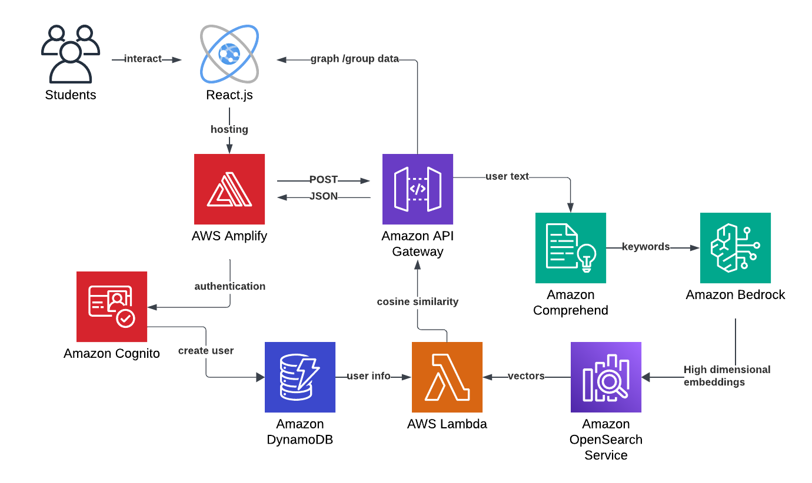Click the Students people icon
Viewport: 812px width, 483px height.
coord(70,54)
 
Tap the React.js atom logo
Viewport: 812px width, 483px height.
coord(229,54)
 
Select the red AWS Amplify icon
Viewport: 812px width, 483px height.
coord(229,189)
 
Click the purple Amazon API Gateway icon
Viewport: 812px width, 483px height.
coord(418,189)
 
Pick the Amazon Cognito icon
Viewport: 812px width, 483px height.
coord(112,307)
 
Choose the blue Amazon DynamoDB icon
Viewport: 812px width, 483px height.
coord(300,377)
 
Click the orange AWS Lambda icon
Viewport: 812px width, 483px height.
coord(447,377)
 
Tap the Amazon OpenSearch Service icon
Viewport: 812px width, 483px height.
coord(606,377)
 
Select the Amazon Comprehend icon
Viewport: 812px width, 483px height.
coord(571,248)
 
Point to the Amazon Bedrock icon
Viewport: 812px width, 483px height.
coord(736,248)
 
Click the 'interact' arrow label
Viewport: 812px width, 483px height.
coord(142,59)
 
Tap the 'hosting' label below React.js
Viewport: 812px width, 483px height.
coord(229,129)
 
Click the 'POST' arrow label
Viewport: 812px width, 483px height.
coord(324,180)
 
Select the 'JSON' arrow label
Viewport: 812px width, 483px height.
coord(324,196)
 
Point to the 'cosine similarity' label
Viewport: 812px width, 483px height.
coord(418,301)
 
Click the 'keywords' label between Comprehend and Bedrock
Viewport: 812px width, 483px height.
coord(646,247)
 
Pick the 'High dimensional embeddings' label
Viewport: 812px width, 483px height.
coord(727,376)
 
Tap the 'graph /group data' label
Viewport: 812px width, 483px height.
coord(355,59)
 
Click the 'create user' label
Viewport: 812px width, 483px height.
coord(206,351)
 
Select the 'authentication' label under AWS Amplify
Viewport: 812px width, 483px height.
coord(230,286)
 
